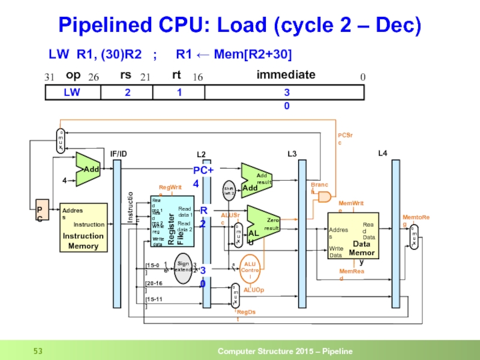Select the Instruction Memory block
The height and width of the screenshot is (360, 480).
(83, 227)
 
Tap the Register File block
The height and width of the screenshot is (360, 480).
(173, 222)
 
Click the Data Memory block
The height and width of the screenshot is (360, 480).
(353, 235)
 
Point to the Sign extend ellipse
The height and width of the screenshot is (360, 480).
(184, 267)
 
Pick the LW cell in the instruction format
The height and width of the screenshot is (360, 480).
(73, 92)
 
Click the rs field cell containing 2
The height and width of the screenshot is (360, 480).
(127, 92)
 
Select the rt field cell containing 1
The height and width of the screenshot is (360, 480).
(179, 92)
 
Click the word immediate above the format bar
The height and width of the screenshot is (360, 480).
(286, 75)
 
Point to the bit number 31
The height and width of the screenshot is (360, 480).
(50, 77)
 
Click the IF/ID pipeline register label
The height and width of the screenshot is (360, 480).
(118, 154)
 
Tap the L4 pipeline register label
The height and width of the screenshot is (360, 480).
(382, 154)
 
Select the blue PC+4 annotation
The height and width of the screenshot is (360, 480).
(203, 177)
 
